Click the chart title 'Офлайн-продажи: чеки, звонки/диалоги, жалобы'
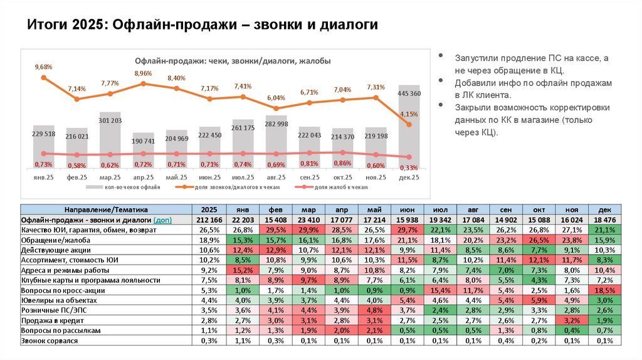(x=233, y=61)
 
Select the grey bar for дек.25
(x=409, y=125)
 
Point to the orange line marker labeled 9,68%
(x=44, y=78)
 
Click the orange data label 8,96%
(x=144, y=73)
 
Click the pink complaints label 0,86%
(x=342, y=162)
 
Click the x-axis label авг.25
(x=276, y=177)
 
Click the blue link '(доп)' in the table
(x=162, y=220)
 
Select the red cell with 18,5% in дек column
(x=604, y=290)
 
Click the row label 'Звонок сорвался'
(x=50, y=340)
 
